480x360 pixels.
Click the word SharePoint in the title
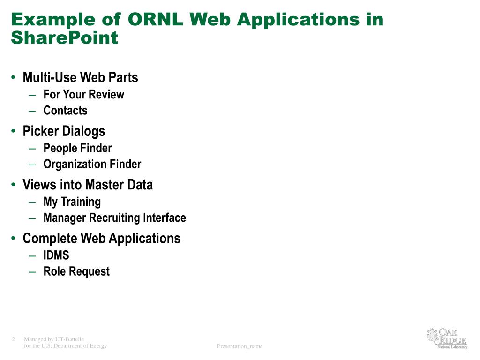64,37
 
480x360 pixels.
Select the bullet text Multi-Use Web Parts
80,77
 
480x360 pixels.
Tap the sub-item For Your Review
83,94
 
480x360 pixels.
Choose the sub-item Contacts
65,111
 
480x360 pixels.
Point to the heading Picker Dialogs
64,131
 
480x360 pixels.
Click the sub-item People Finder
77,148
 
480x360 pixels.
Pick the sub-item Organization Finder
92,165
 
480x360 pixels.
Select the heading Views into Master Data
88,185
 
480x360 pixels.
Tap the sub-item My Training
72,202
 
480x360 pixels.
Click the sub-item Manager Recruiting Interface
114,218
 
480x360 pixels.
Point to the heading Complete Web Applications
101,239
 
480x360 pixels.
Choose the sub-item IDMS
56,255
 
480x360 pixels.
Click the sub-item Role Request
76,271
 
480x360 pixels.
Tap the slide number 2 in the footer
14,339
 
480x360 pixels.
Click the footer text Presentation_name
240,346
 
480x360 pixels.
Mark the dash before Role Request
32,271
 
